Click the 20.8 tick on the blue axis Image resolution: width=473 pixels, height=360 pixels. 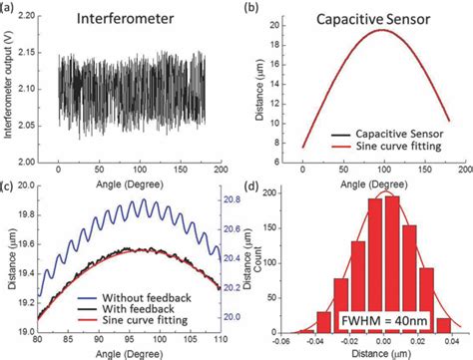[x=234, y=200]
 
